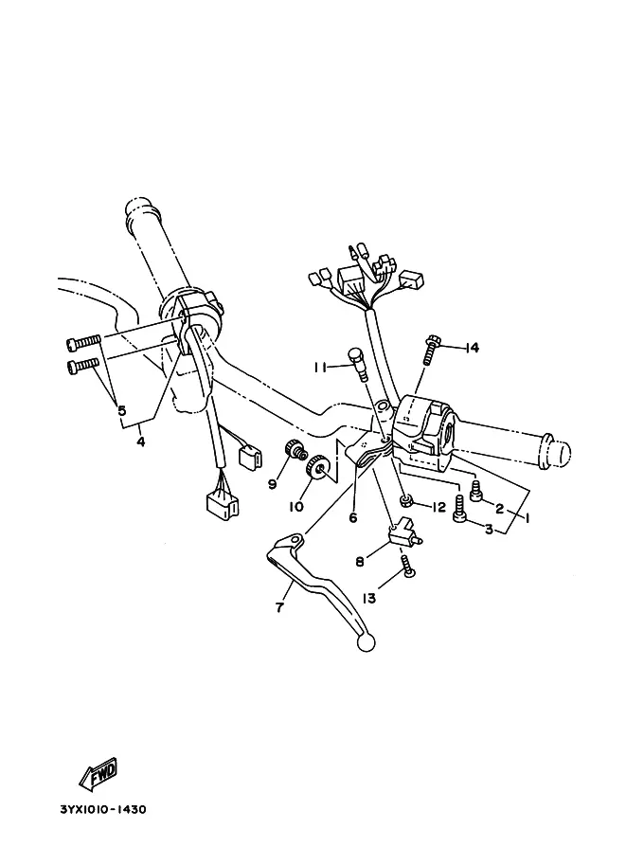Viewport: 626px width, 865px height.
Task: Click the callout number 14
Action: pos(473,348)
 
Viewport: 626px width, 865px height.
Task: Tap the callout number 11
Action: pos(320,367)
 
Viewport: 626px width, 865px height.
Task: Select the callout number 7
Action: pos(279,607)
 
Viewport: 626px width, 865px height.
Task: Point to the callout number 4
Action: pos(141,442)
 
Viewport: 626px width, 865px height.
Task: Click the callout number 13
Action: pos(368,598)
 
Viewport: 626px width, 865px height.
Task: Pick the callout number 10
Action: pos(296,506)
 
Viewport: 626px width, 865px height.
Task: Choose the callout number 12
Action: pos(438,507)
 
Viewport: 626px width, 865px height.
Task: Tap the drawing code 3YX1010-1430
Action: pos(103,810)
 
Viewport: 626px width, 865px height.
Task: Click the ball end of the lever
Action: pos(366,642)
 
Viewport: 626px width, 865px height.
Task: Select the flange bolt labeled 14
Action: pos(431,351)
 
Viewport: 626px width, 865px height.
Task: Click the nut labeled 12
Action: pos(407,501)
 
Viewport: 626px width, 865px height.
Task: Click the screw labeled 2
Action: pos(476,491)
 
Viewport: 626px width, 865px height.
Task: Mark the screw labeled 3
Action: pos(459,509)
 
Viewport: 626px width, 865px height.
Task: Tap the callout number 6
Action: pos(353,518)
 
